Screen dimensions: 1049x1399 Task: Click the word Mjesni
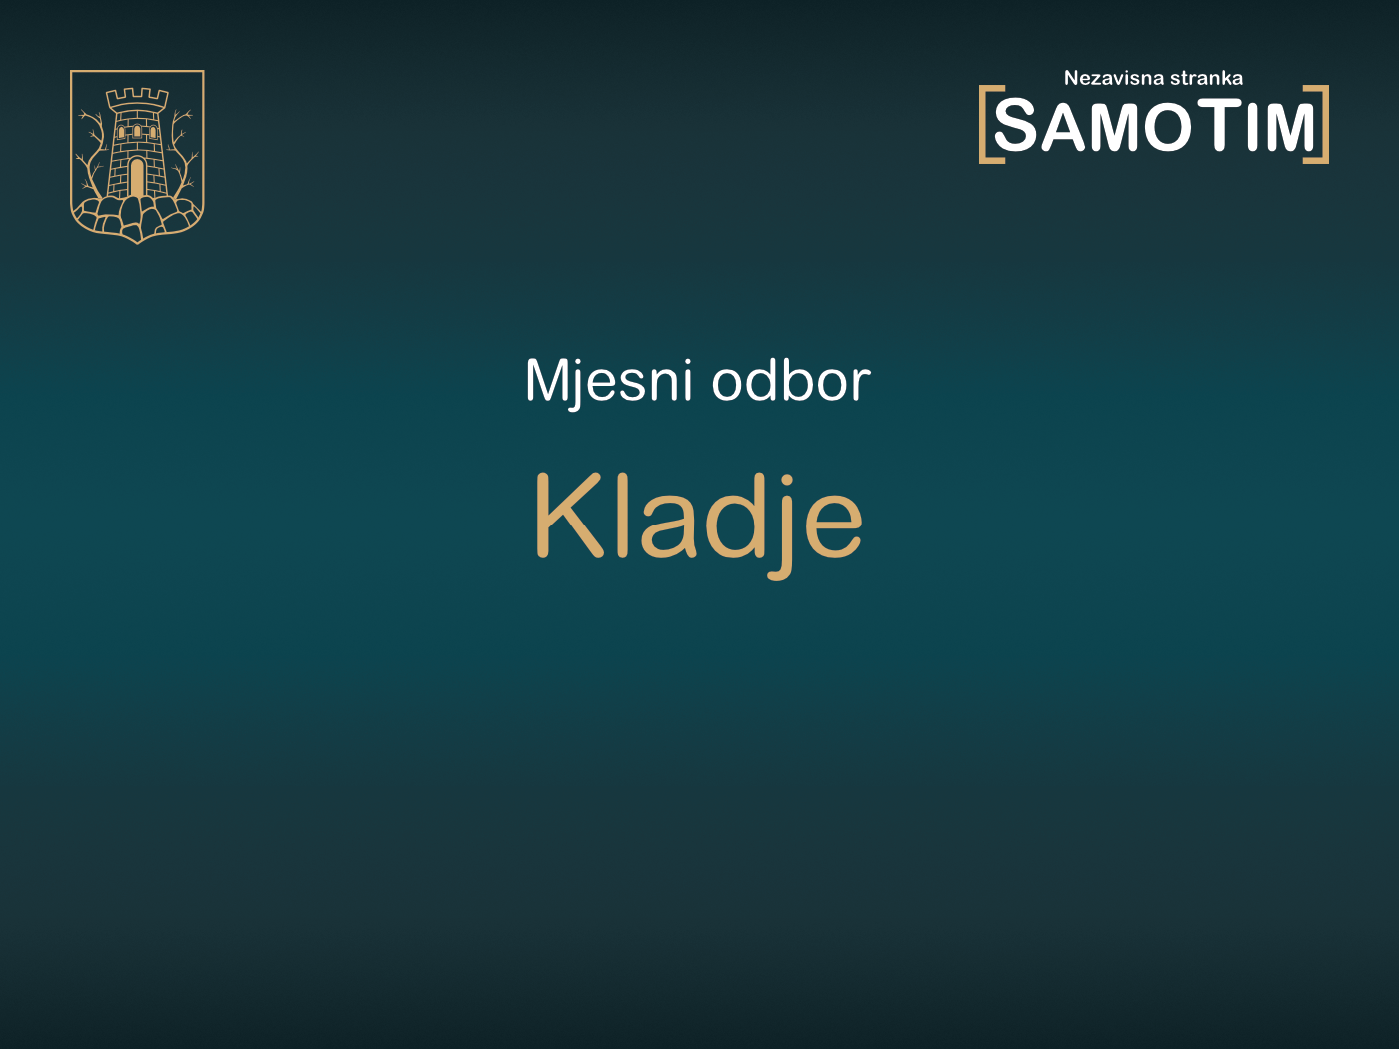608,381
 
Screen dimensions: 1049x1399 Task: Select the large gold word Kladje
698,518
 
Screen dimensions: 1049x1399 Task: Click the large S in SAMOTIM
1018,126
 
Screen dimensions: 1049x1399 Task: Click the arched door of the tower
137,178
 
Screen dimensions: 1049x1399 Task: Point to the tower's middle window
137,132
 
